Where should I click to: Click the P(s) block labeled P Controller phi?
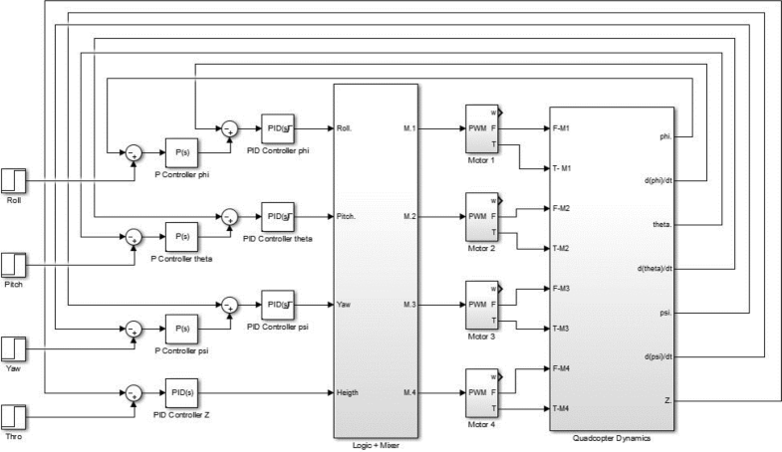click(181, 152)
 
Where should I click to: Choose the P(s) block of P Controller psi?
click(181, 326)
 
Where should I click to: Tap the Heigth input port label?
click(354, 392)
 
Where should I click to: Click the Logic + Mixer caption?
click(376, 445)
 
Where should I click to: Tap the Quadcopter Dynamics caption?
click(613, 437)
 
